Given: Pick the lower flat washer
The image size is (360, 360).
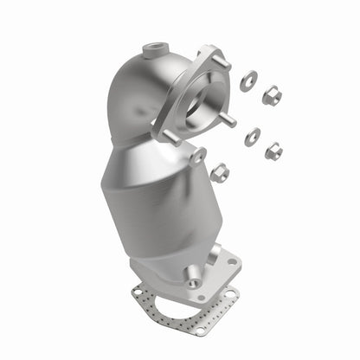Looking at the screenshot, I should (x=252, y=136).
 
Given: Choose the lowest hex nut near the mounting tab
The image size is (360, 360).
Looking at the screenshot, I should (x=220, y=172).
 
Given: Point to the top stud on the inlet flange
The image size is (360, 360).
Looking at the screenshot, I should (x=222, y=62).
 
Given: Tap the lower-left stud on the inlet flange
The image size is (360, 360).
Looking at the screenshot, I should (x=169, y=136).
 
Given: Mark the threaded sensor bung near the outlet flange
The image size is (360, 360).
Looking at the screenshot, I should (x=192, y=278).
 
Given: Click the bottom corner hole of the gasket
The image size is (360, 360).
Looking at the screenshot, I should (x=200, y=329).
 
